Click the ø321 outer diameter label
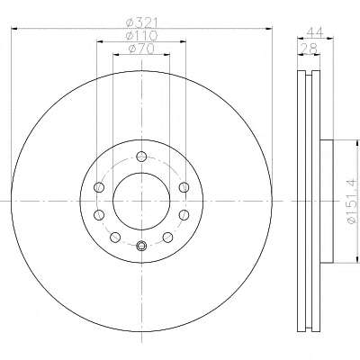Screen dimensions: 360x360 (x=141, y=22)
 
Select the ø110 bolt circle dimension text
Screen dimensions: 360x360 (x=141, y=36)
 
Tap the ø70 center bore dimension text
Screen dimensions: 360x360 (x=141, y=49)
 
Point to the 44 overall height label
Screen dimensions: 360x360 (x=314, y=31)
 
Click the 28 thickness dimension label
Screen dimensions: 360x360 (x=309, y=49)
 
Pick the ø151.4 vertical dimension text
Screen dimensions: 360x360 (x=352, y=201)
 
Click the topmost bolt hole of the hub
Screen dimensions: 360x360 (x=141, y=157)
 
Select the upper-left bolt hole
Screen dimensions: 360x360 (x=99, y=187)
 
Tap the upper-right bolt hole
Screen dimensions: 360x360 (x=184, y=187)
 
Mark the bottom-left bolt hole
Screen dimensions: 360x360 (x=115, y=238)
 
